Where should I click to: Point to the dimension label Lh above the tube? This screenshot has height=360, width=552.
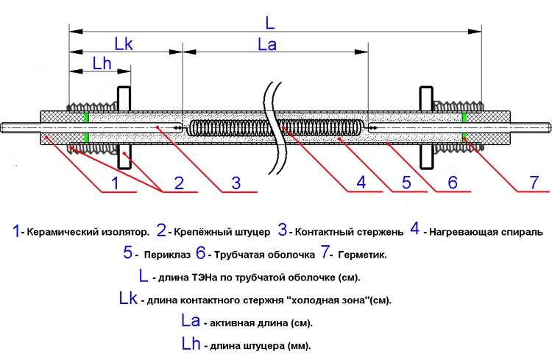point(102,65)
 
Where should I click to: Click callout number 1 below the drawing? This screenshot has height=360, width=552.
point(114,183)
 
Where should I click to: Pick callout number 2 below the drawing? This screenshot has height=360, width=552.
point(177,183)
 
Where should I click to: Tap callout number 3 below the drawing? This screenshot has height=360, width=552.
point(236,183)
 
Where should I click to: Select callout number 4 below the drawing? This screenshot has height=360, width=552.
point(361,183)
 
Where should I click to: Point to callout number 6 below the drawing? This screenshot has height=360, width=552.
point(453,183)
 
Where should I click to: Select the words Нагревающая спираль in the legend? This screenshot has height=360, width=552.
point(486,232)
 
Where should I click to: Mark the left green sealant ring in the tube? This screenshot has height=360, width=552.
point(86,127)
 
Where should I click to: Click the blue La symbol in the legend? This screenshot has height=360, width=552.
point(191,322)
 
